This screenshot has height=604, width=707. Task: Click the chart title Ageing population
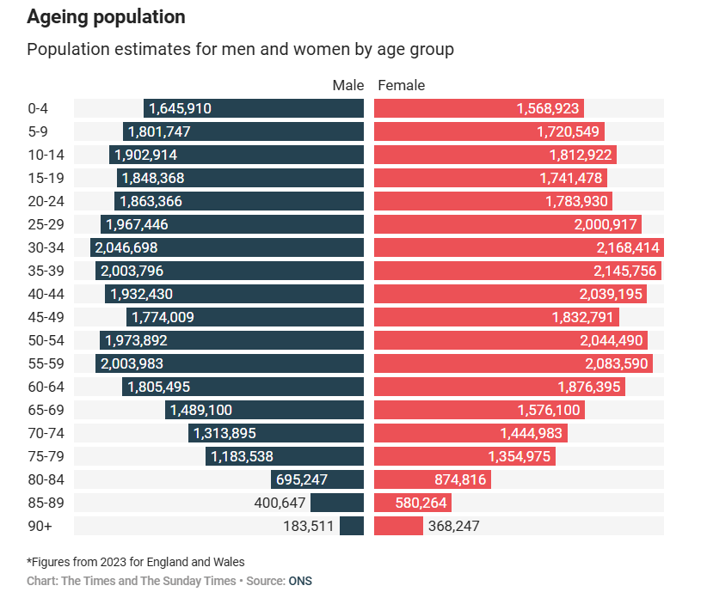click(x=106, y=16)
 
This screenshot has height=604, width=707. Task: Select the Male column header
click(x=348, y=85)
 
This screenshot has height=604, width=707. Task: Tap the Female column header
click(x=402, y=85)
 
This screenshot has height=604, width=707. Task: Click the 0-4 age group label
click(x=38, y=108)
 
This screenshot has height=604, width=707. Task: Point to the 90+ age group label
click(x=39, y=526)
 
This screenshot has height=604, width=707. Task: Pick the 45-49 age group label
click(x=44, y=317)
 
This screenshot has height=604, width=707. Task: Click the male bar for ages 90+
click(x=352, y=526)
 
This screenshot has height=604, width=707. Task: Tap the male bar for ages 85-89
click(x=337, y=503)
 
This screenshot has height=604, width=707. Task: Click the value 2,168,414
click(x=624, y=247)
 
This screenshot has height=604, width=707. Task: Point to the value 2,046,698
click(x=126, y=247)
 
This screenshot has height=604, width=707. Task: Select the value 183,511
click(x=308, y=526)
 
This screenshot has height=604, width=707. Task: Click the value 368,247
click(x=453, y=526)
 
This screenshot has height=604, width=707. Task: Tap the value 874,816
click(x=456, y=479)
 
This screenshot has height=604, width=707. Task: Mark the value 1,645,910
click(x=180, y=108)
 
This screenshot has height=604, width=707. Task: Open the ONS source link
click(x=300, y=581)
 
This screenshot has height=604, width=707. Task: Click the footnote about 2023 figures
click(x=136, y=562)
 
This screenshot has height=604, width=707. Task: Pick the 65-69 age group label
click(x=44, y=410)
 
